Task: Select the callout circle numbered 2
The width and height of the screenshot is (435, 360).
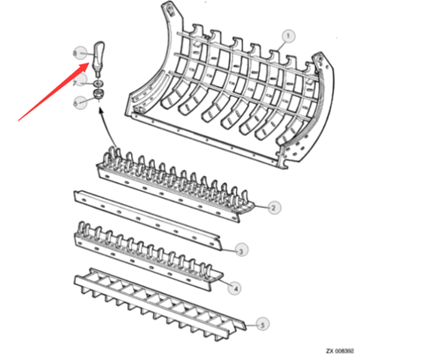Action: click(x=274, y=208)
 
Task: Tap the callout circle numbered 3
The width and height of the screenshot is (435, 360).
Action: click(x=241, y=250)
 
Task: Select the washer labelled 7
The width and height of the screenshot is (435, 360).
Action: click(x=96, y=83)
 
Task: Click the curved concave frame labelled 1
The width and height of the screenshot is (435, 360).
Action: click(x=220, y=97)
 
